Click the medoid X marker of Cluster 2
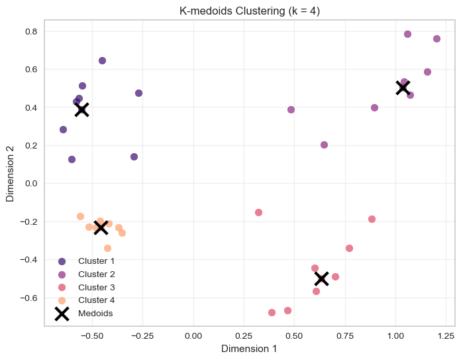403,87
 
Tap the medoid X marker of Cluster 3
321,278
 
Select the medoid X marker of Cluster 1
81,109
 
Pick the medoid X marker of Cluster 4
101,227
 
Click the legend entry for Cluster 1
96,261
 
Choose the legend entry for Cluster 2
96,274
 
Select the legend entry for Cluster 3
96,287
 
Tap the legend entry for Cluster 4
96,300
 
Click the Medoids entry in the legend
95,314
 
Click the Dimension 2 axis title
10,174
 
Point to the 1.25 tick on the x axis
446,335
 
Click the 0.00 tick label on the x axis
193,335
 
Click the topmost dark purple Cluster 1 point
102,60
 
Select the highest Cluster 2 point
407,34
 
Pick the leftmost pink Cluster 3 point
258,212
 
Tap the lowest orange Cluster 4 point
107,248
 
